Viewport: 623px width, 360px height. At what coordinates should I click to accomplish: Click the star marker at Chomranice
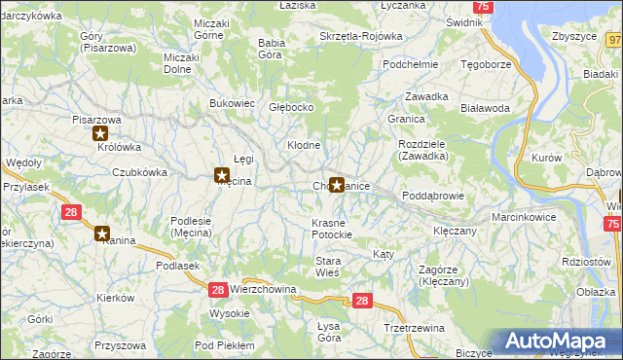[x=337, y=183]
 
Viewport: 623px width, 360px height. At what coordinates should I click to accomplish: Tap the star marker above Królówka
[x=100, y=134]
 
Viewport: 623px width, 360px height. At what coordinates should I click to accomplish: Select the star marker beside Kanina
[x=102, y=233]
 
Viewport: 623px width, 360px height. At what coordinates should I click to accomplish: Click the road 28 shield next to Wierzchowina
[x=218, y=289]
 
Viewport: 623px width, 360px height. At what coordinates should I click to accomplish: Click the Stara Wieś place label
[x=327, y=267]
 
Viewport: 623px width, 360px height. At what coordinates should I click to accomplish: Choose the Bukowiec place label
[x=233, y=102]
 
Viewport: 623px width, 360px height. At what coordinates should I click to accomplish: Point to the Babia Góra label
[x=270, y=49]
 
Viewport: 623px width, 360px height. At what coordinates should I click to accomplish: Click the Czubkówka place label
[x=139, y=171]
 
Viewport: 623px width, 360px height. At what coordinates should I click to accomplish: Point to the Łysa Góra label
[x=329, y=332]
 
